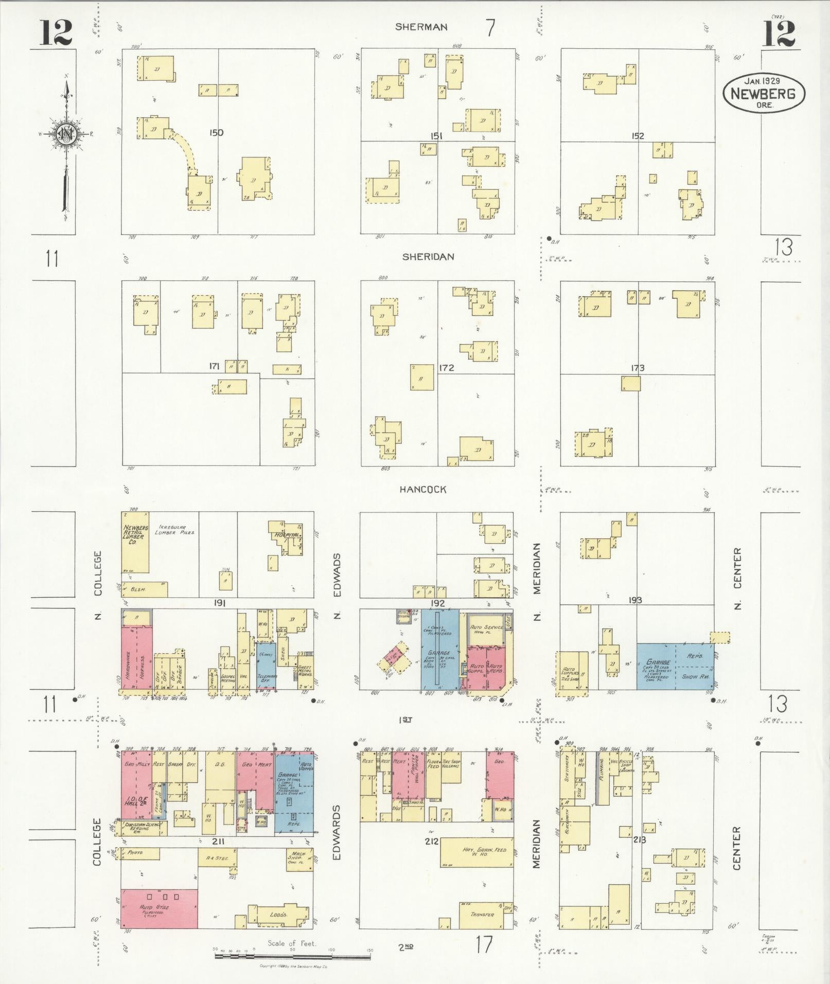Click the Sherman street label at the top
pyautogui.click(x=421, y=27)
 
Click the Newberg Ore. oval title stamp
pyautogui.click(x=764, y=93)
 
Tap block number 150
pyautogui.click(x=216, y=133)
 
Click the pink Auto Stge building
pyautogui.click(x=159, y=907)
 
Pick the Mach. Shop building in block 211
pyautogui.click(x=299, y=856)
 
